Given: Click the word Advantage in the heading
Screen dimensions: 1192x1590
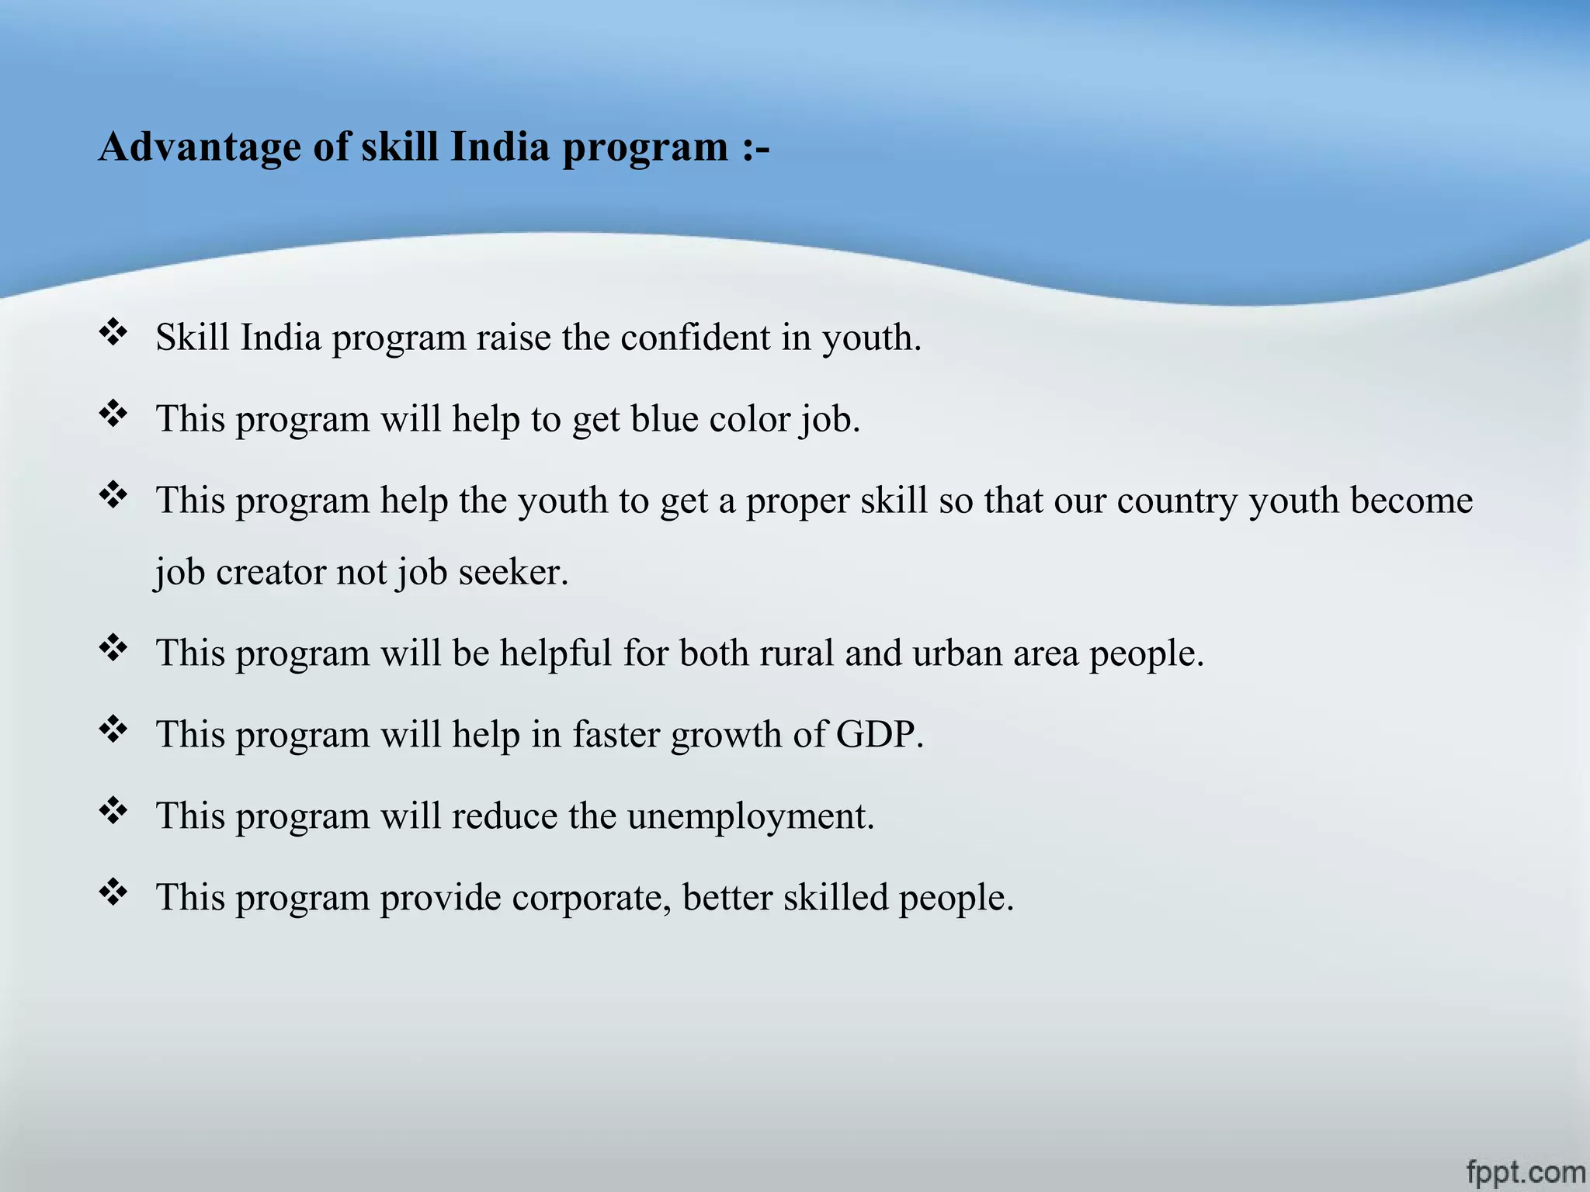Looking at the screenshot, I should click(200, 147).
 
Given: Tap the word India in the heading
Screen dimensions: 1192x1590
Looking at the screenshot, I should click(499, 147).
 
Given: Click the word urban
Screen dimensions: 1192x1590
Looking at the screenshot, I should click(957, 653).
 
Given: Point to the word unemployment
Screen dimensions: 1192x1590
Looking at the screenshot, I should click(750, 816).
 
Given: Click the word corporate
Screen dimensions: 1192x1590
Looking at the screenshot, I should click(592, 898).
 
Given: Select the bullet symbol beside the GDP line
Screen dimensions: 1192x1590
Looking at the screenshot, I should click(113, 729).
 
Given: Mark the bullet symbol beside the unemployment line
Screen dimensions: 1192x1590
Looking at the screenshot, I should click(113, 810).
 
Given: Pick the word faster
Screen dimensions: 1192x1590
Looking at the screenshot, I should click(616, 734).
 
